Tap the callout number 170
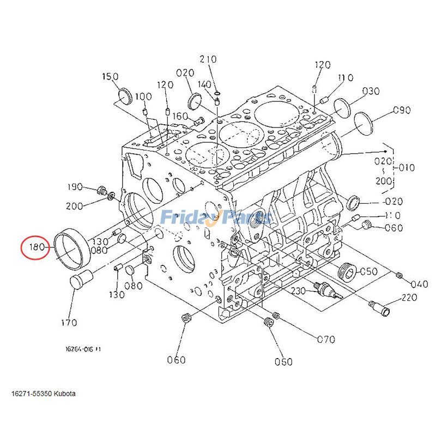69,323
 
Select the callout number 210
208,59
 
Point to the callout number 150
110,77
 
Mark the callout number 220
409,298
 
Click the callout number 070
326,340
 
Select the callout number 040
419,283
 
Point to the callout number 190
75,187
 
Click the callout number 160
180,116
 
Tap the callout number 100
144,97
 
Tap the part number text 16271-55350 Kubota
43,393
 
